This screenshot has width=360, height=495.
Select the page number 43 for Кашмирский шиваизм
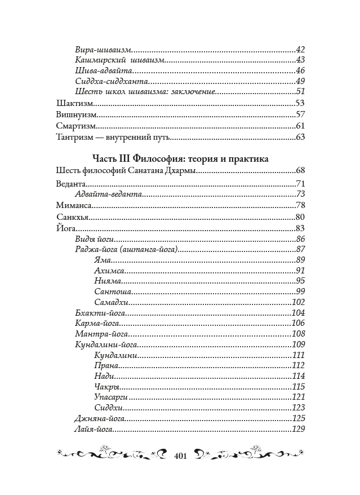[300, 60]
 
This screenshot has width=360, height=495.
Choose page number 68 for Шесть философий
[300, 170]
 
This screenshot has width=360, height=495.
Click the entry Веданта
[70, 184]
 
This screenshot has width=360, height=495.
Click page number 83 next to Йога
[300, 228]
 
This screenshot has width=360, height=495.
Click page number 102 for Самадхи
[298, 302]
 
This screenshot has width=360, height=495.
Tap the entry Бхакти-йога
[100, 313]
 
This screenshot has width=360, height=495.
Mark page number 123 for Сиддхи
[298, 408]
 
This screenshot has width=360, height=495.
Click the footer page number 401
[180, 456]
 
